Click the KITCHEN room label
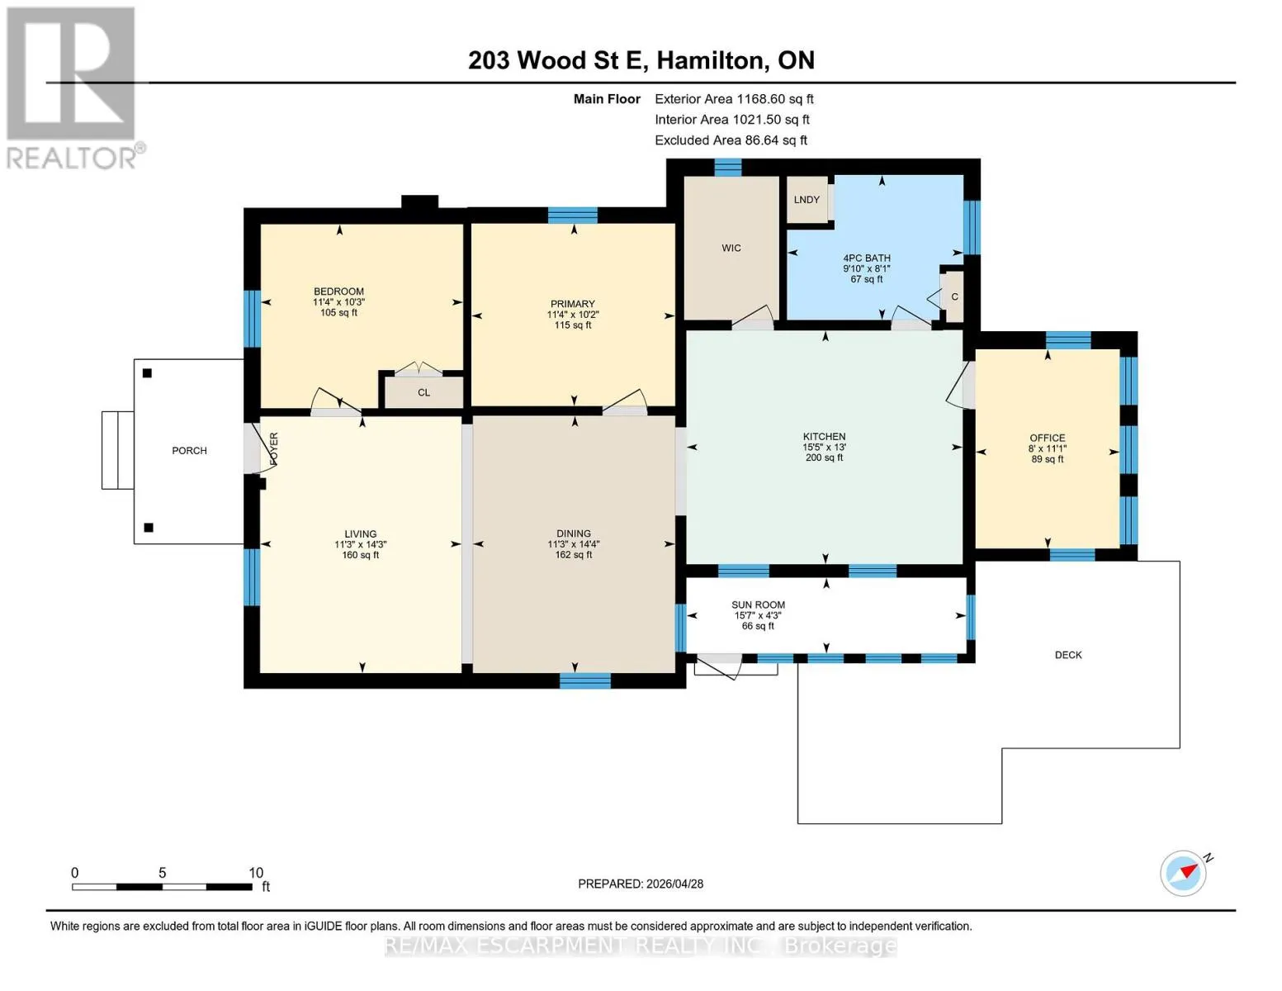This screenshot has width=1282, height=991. [x=824, y=436]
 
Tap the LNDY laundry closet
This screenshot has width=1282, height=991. [x=807, y=200]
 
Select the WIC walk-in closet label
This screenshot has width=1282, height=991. [x=731, y=248]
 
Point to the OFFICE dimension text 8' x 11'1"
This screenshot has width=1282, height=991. [x=1048, y=448]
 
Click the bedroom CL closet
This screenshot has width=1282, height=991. [x=423, y=392]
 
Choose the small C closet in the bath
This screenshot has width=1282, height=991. [x=954, y=296]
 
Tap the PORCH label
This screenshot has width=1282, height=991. [x=189, y=450]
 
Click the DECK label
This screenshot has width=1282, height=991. [x=1068, y=655]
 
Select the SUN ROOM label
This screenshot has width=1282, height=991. [x=758, y=605]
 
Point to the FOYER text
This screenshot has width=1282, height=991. [x=274, y=450]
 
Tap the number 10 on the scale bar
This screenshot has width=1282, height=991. [x=255, y=872]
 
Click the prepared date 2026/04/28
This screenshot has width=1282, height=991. [x=675, y=884]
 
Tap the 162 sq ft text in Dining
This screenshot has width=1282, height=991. [x=574, y=555]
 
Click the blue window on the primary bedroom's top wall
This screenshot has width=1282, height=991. [x=572, y=215]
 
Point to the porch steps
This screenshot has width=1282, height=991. [x=118, y=450]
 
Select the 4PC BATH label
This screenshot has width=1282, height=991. [x=866, y=258]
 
